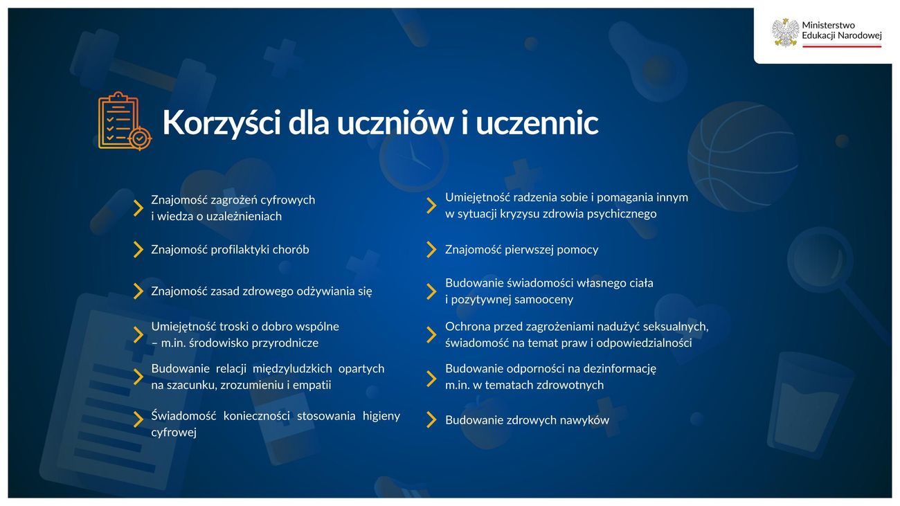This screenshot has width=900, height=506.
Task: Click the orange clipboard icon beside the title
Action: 125,121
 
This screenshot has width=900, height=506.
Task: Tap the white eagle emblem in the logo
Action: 785,33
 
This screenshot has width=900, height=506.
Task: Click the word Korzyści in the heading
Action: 222,123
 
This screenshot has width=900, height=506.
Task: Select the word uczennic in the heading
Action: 537,123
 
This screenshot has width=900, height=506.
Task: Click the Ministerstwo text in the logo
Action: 829,25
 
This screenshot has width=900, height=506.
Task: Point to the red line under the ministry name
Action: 842,46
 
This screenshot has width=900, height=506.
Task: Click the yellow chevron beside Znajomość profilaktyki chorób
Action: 138,249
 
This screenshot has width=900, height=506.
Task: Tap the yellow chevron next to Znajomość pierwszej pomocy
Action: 431,249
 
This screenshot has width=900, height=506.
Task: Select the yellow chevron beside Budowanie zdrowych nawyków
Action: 431,419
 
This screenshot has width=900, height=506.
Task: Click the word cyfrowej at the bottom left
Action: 174,433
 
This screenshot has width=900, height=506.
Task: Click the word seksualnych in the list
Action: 676,327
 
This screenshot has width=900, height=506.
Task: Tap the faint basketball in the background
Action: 742,156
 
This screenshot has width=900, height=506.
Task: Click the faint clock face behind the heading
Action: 413,157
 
